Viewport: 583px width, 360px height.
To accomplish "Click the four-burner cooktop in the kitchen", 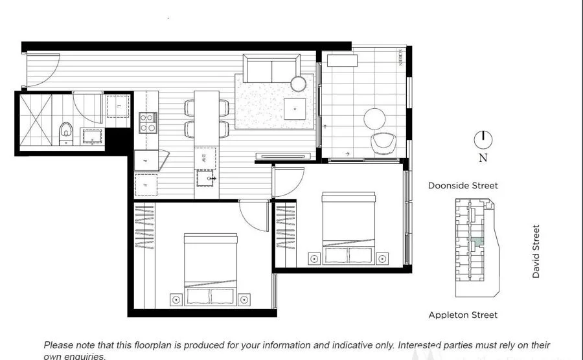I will click(147, 122).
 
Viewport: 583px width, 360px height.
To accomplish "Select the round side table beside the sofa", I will click(298, 84).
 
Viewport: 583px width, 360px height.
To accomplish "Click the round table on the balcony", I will click(375, 119).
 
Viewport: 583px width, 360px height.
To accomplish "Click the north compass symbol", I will click(483, 139).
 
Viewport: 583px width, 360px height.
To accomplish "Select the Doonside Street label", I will click(463, 186).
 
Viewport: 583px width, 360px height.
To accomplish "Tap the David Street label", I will click(536, 251).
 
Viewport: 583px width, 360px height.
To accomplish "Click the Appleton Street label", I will click(463, 315).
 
